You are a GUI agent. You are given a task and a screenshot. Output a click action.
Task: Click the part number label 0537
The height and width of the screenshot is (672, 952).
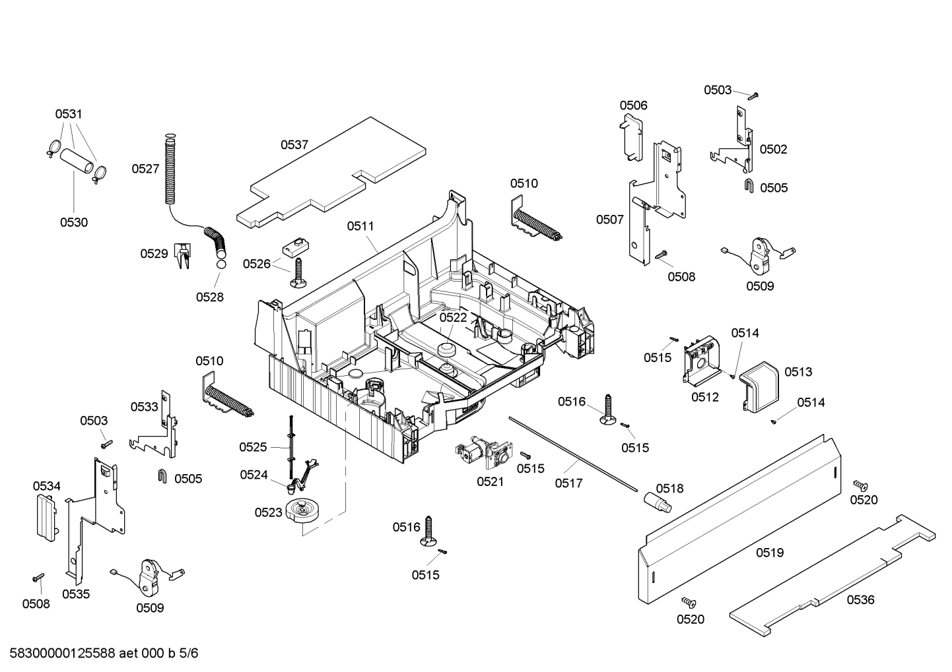[x=294, y=145]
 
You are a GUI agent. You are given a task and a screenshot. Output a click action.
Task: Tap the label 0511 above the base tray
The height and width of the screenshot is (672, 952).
[x=360, y=226]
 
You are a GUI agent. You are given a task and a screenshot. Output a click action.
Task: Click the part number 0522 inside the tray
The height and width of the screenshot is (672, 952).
[x=453, y=317]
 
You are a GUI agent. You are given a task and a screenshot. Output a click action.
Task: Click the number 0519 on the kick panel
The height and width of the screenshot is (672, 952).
[x=770, y=553]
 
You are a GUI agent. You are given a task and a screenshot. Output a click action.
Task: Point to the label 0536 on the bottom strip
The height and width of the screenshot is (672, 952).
[x=860, y=599]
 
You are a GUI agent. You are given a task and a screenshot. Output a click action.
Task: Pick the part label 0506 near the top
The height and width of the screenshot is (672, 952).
[x=633, y=106]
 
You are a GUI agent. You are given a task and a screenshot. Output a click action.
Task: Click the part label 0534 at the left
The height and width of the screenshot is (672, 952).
[x=47, y=486]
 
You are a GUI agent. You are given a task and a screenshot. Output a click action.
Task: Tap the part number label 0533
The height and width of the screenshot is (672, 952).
[x=144, y=407]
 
